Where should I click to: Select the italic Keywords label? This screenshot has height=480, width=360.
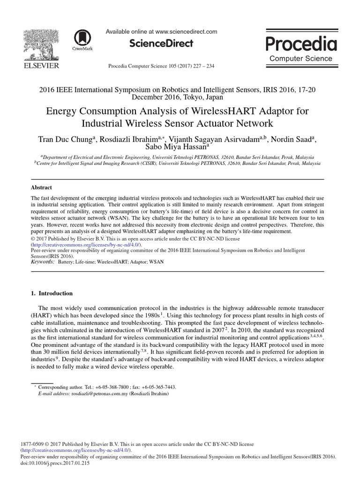tap(42, 262)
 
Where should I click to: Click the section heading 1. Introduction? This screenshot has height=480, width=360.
tap(52, 293)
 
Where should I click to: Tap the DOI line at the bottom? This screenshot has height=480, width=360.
tap(55, 463)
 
